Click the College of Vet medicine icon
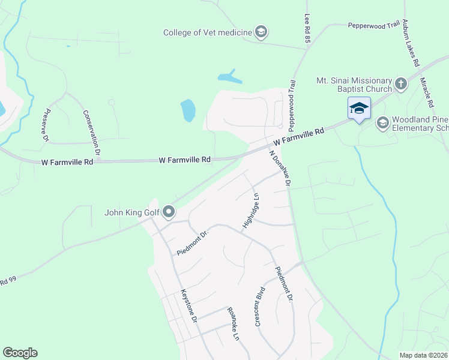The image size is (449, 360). [261, 32]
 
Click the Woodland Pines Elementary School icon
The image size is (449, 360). [382, 123]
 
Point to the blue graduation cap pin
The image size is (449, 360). [359, 108]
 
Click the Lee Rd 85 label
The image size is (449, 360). [307, 28]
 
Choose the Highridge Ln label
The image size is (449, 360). [252, 211]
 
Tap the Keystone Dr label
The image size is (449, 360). [190, 307]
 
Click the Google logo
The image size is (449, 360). [20, 353]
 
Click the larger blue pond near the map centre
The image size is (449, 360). [188, 110]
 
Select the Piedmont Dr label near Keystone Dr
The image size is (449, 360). [191, 241]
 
